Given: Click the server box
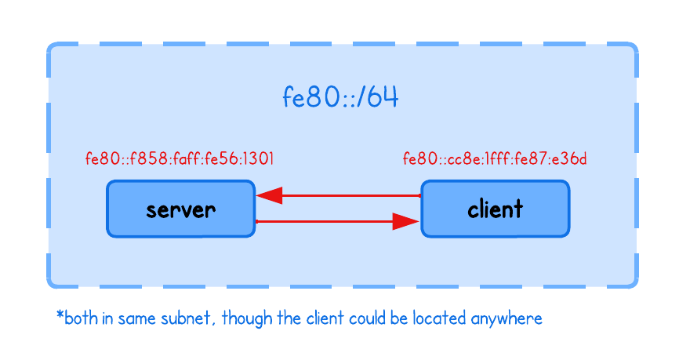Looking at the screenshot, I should coord(180,209).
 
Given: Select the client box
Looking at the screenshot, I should coord(495,209).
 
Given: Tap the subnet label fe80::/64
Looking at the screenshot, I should coord(340,98).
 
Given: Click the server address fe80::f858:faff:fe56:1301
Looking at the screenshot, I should coord(180,159).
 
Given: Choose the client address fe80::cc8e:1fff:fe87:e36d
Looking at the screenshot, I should coord(495,159).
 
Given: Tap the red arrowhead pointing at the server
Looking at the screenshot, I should coord(269,195).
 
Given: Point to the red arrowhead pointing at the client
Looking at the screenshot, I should coord(407,222).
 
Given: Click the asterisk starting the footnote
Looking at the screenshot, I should coord(60,316).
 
